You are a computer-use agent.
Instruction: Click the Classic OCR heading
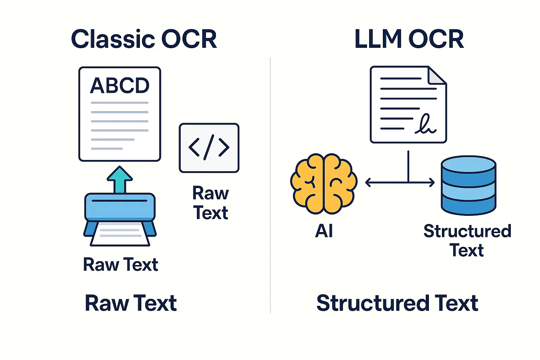[144, 39]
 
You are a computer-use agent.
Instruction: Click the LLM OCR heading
[409, 39]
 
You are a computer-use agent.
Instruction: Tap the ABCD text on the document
[120, 85]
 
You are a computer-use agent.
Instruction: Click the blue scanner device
[120, 207]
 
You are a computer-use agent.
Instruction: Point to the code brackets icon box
[209, 148]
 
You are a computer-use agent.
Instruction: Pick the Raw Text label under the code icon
[211, 203]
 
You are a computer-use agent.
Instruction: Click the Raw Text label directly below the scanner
[120, 265]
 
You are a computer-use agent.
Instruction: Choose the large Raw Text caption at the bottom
[130, 303]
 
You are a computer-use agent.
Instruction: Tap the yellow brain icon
[324, 184]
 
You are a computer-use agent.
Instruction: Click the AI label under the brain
[324, 231]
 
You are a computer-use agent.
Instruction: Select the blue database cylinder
[468, 185]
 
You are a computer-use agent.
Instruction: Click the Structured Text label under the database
[467, 241]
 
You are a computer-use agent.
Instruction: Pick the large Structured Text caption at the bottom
[397, 303]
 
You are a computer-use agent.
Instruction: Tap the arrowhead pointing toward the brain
[368, 182]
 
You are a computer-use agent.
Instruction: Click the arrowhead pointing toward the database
[432, 182]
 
